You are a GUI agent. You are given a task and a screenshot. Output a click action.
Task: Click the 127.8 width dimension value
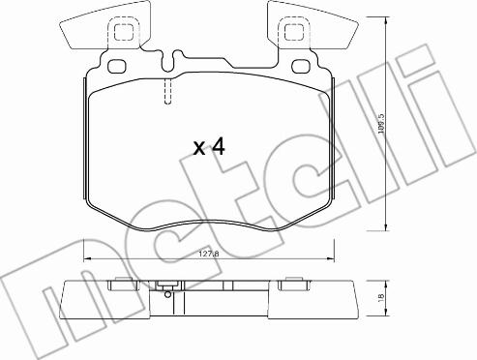pyautogui.click(x=209, y=254)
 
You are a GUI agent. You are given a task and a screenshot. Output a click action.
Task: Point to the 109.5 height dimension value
pyautogui.click(x=381, y=124)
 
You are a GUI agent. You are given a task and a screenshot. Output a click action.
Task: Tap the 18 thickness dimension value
pyautogui.click(x=381, y=296)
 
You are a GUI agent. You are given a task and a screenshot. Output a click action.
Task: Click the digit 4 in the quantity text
pyautogui.click(x=218, y=147)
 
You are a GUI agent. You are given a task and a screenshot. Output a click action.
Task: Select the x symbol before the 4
pyautogui.click(x=199, y=149)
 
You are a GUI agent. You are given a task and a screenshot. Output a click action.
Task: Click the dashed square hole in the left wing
pyautogui.click(x=124, y=32)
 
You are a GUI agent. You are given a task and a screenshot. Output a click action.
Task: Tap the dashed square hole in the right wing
pyautogui.click(x=294, y=32)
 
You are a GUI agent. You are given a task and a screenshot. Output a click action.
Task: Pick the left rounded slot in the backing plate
pyautogui.click(x=116, y=66)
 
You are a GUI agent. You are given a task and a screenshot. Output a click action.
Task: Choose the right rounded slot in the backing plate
pyautogui.click(x=301, y=66)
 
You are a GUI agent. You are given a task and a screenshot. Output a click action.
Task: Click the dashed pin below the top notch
pyautogui.click(x=167, y=92)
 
